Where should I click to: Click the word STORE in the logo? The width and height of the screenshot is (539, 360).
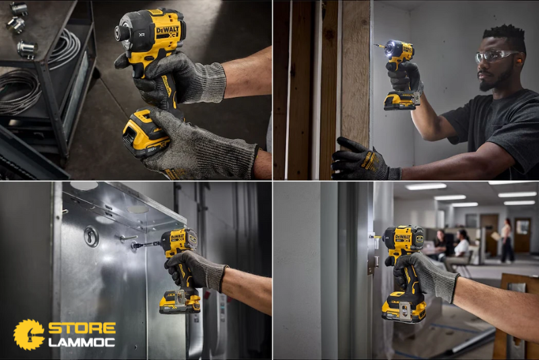[82, 328]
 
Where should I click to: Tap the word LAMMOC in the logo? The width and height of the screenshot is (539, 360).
[82, 342]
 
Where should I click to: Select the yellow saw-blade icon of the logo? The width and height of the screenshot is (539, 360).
[29, 334]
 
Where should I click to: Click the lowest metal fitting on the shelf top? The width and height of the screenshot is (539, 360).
[27, 49]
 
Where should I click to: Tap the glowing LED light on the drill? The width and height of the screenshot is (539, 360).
[390, 48]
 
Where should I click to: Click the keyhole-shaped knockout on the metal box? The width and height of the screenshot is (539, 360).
[91, 236]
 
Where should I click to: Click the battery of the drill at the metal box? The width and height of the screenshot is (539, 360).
[179, 303]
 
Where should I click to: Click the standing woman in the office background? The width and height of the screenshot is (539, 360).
[506, 240]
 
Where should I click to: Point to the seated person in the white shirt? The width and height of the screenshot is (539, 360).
[462, 247]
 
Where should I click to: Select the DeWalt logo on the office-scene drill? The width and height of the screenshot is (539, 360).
[402, 237]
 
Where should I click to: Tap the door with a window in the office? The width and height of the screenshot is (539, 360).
[522, 235]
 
